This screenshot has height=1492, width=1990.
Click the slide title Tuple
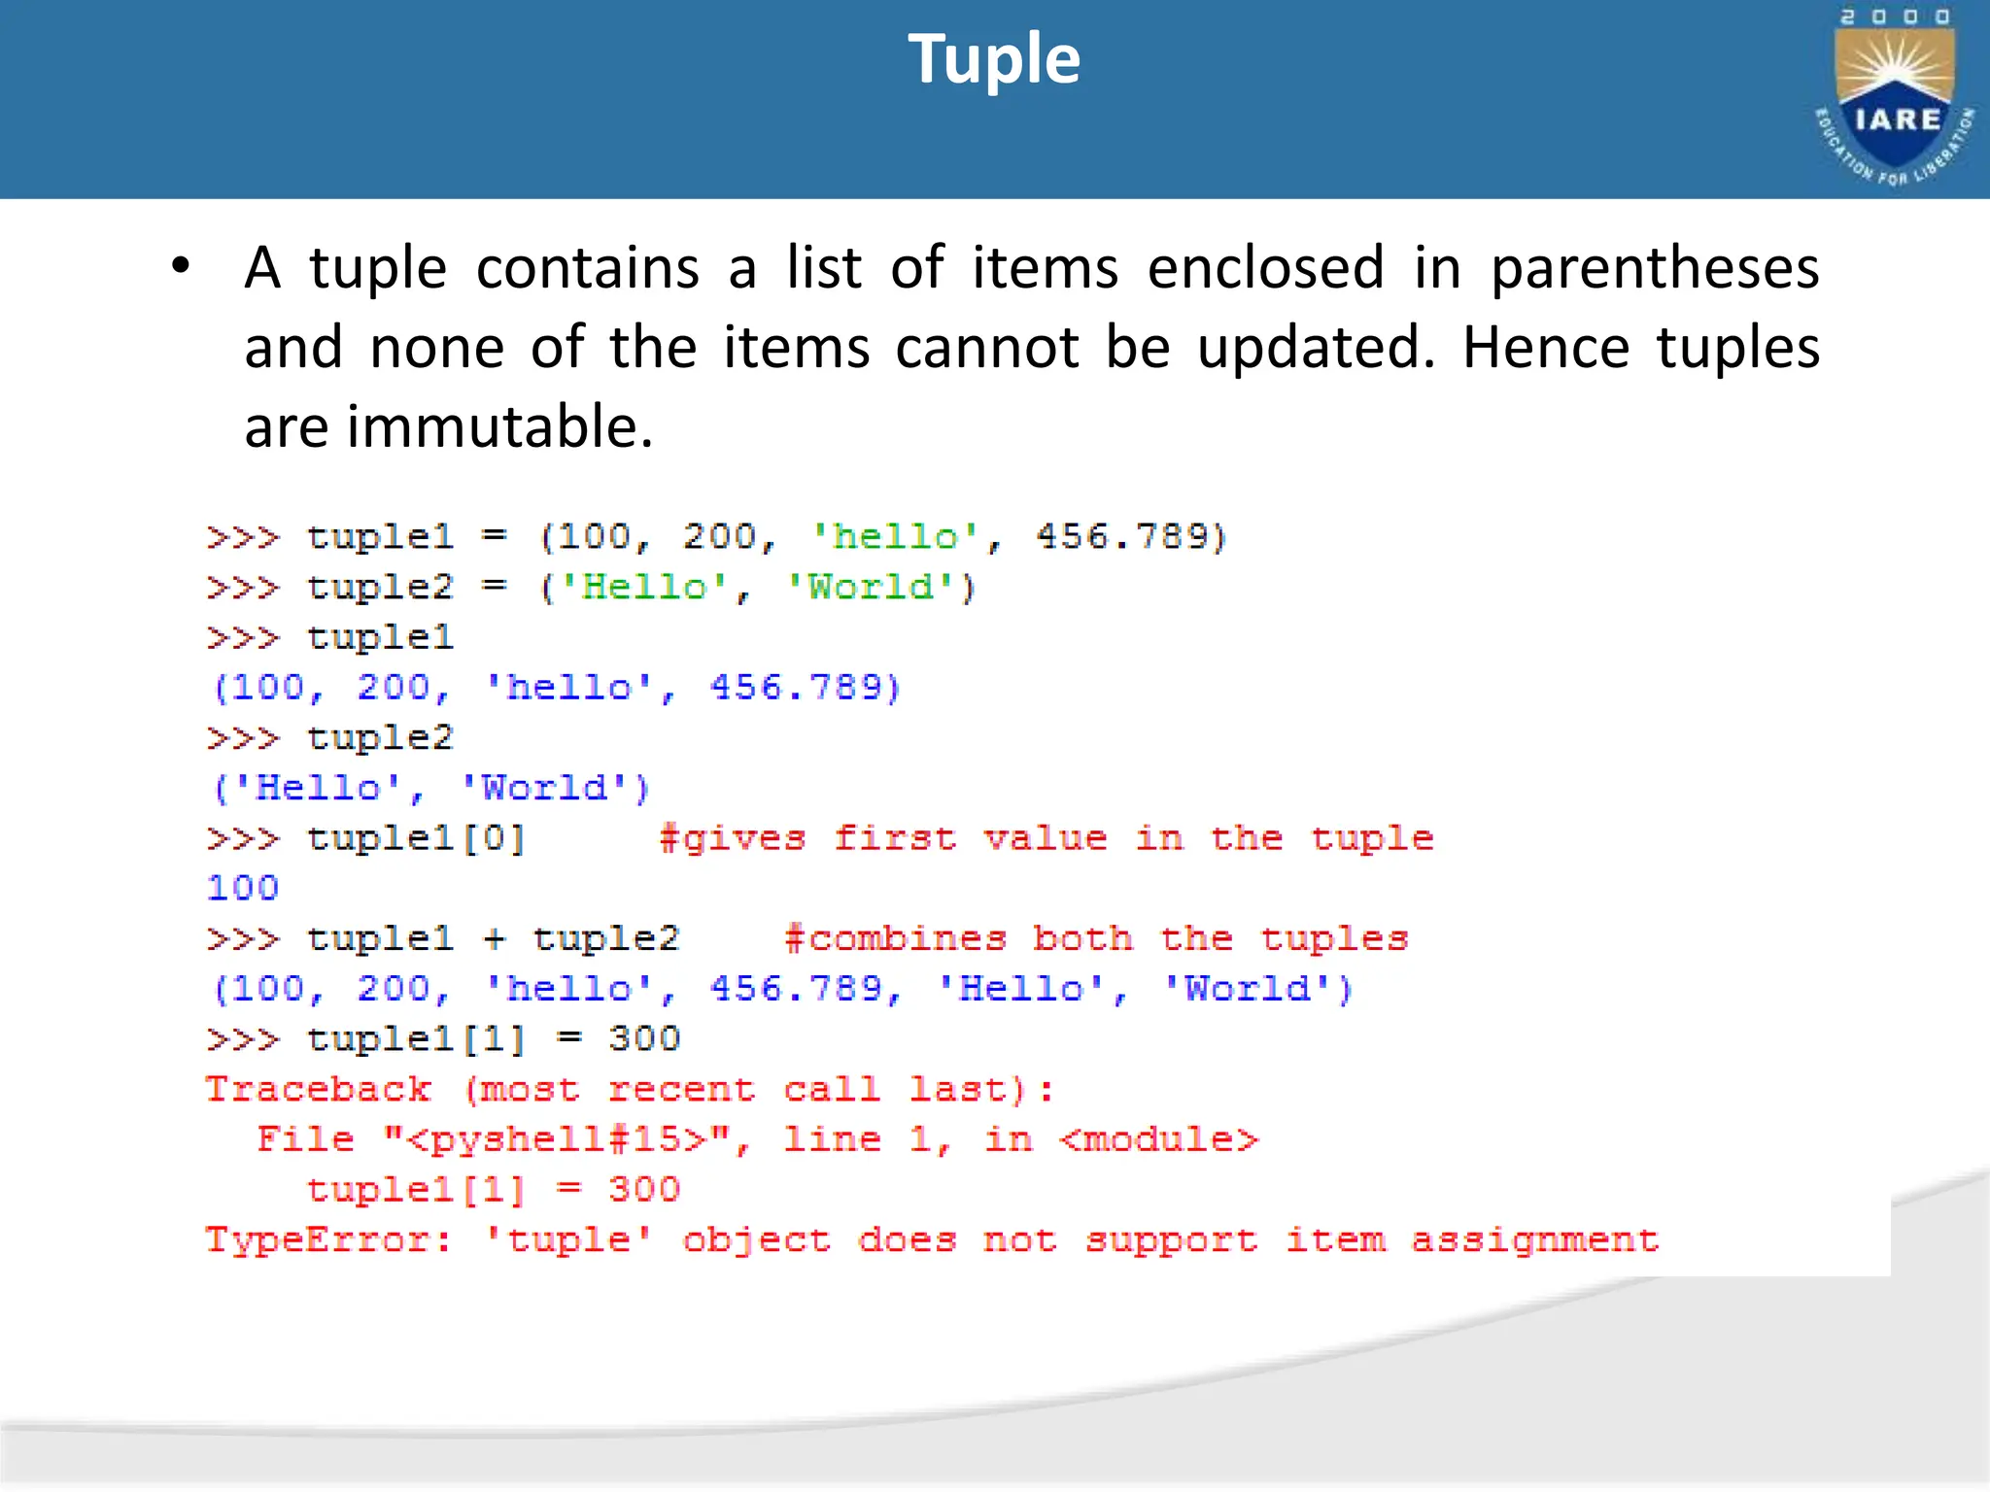click(993, 60)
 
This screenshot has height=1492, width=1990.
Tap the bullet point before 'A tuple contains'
click(181, 265)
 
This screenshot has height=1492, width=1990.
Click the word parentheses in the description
click(1654, 268)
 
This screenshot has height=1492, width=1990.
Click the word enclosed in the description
click(1265, 268)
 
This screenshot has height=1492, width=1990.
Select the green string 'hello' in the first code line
click(895, 537)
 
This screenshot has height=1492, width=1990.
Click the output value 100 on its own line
click(243, 888)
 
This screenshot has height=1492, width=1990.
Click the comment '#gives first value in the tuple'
click(1046, 838)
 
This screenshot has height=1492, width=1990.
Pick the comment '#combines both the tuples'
click(1095, 939)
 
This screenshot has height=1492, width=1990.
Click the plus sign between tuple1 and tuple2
click(495, 939)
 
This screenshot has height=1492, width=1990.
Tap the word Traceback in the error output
click(318, 1090)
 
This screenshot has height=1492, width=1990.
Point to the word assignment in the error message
click(1534, 1240)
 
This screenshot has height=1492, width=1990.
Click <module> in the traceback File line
click(1158, 1139)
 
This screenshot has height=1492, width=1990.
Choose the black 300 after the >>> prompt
click(644, 1039)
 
